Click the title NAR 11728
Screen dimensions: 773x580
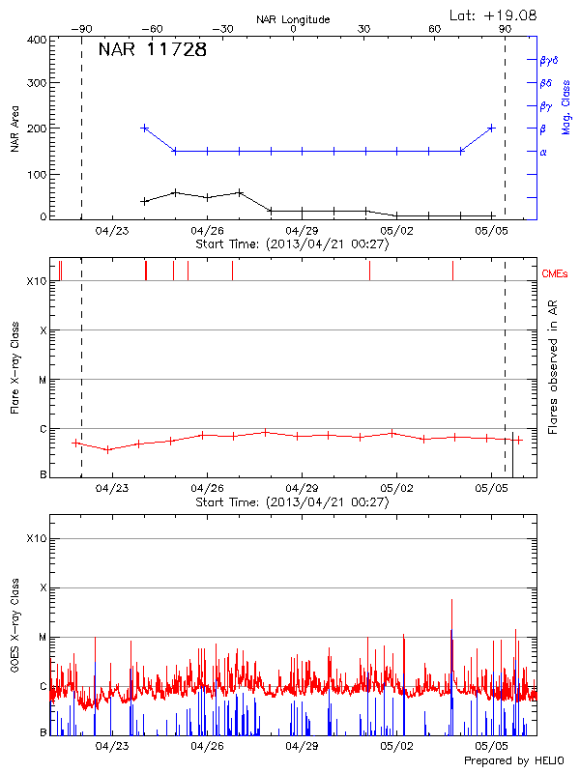coord(153,50)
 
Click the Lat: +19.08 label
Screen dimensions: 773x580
coord(494,14)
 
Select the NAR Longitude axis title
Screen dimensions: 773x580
coord(293,19)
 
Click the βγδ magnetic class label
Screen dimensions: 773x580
coord(548,60)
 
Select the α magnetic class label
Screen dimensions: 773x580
coord(543,152)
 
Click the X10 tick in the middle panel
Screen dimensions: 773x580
coord(37,281)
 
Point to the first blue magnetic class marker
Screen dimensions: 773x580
coord(145,128)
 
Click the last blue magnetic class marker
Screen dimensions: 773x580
coord(492,128)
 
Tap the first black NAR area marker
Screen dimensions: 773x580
coord(145,201)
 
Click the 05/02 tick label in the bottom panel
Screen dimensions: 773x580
coord(397,746)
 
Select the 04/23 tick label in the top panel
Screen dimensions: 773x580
coord(112,231)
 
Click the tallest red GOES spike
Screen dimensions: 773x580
coord(451,601)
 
